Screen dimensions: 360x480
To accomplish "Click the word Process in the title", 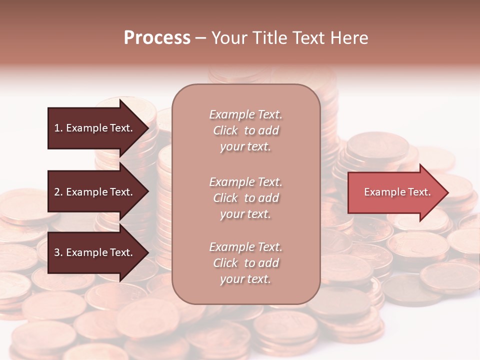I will (x=157, y=38).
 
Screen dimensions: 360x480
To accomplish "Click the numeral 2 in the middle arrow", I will (x=57, y=192).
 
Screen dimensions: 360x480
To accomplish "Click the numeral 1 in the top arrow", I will (x=57, y=128).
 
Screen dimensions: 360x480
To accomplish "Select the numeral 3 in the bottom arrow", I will (x=57, y=252).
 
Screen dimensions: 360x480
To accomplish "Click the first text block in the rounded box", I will (x=245, y=130).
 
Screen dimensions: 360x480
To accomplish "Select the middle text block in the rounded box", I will (x=245, y=198).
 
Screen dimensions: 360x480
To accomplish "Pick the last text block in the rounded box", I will (x=245, y=263).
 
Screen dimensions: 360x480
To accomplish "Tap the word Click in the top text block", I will (x=225, y=130).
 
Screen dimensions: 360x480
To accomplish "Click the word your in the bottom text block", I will (x=231, y=279).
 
